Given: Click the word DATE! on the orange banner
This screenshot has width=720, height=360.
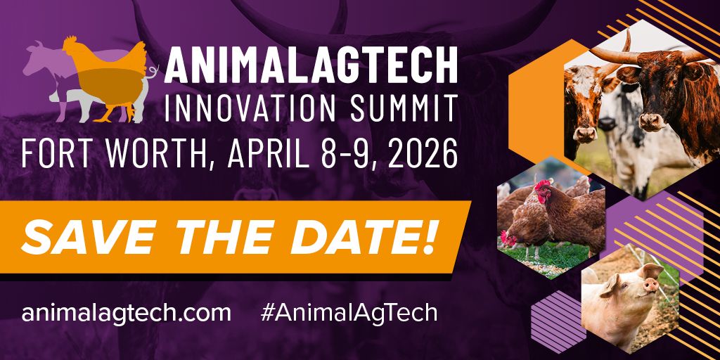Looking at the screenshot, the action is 363,238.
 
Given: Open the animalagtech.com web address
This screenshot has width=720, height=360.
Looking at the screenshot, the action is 127,313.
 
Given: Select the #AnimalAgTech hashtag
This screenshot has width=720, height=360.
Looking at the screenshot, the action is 349,313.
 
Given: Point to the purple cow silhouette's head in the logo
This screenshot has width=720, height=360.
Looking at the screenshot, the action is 35,58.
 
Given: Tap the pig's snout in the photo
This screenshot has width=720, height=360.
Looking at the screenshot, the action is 650,285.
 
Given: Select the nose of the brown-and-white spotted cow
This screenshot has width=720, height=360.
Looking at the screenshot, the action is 585,134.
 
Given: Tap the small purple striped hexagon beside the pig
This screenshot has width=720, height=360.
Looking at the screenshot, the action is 558,321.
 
